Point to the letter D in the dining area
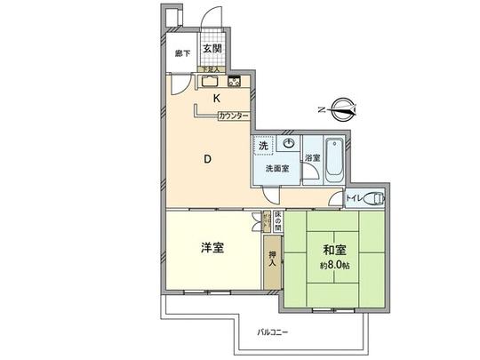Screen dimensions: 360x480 [x=207, y=160]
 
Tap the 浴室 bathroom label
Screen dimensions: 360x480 [x=312, y=158]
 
